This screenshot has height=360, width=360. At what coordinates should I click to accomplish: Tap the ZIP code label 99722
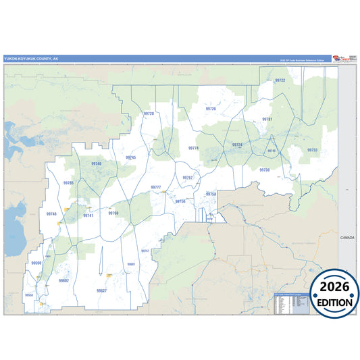(x=280, y=80)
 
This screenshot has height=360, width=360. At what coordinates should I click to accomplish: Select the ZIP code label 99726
(x=211, y=108)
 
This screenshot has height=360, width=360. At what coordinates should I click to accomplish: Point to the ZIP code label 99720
(x=149, y=113)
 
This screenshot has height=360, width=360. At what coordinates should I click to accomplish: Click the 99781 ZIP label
(x=267, y=119)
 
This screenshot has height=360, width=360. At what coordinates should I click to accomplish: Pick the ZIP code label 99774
(x=194, y=147)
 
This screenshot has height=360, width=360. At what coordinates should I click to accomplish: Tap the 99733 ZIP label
(x=312, y=150)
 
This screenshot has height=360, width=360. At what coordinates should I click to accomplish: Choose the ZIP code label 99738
(x=264, y=170)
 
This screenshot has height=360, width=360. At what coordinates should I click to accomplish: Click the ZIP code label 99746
(x=96, y=163)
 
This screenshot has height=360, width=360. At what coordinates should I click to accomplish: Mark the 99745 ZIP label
(x=130, y=157)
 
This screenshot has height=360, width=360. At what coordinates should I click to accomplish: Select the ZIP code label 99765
(x=68, y=183)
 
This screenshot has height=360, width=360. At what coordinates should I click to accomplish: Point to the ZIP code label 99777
(x=155, y=186)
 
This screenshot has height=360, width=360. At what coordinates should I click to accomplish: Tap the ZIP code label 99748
(x=52, y=213)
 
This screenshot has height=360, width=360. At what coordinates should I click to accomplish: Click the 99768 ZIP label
(x=113, y=213)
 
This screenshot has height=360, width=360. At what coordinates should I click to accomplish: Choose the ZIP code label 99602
(x=63, y=280)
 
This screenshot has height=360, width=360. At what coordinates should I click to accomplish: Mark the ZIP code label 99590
(x=36, y=263)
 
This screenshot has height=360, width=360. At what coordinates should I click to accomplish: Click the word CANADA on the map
(x=347, y=237)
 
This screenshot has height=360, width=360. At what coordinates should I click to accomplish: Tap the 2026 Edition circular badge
(x=334, y=292)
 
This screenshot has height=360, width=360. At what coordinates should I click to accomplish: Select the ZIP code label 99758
(x=211, y=194)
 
